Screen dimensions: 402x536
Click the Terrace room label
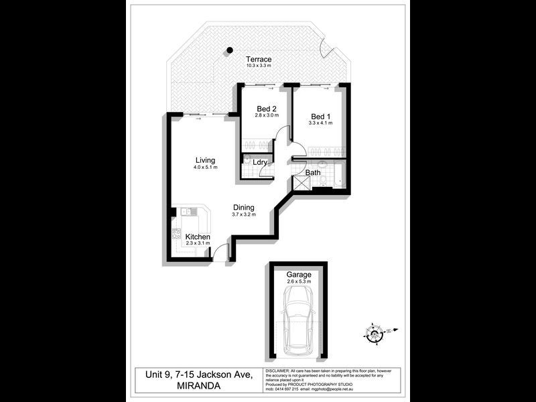258,59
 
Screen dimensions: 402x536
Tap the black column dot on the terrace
230,50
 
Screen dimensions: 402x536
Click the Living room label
205,160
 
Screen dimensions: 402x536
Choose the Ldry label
261,162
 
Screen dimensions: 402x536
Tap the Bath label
313,173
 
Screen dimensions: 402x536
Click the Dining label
244,208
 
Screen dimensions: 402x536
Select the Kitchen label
198,237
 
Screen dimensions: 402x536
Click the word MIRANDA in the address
176,385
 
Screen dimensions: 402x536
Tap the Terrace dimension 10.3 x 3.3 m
258,66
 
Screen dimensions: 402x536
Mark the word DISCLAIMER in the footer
278,371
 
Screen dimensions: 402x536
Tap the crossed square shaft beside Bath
301,184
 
